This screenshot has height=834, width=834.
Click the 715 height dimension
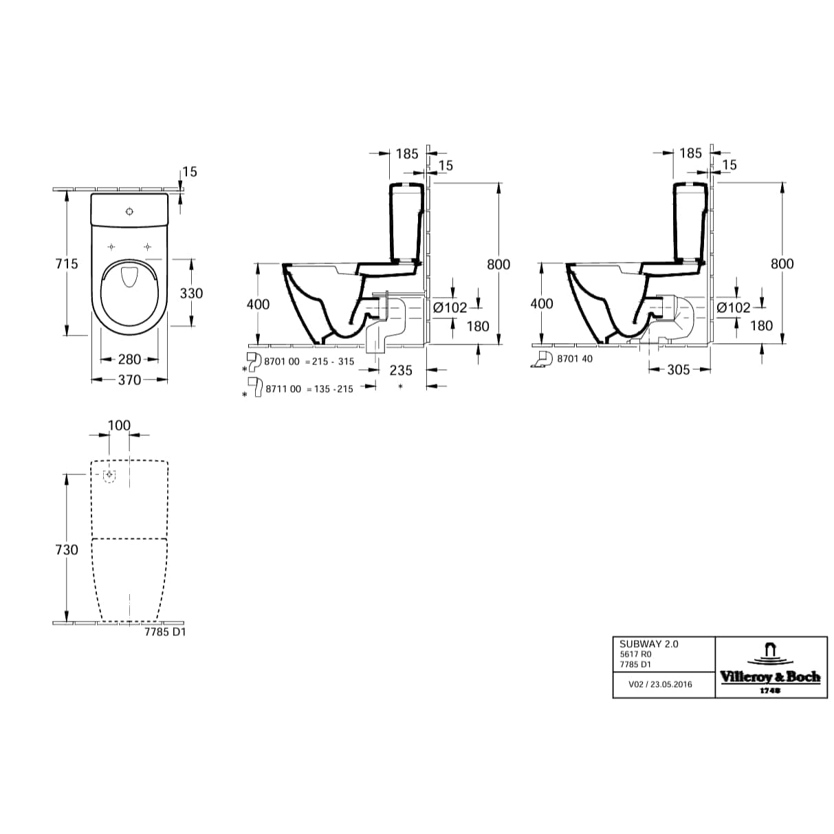[x=67, y=263]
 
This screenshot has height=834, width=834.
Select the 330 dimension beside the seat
[x=191, y=293]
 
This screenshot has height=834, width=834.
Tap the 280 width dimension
[x=129, y=359]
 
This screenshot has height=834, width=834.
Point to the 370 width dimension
[x=129, y=380]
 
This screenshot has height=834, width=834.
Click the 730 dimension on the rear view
[x=67, y=549]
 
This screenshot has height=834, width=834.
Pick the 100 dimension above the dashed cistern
[x=119, y=426]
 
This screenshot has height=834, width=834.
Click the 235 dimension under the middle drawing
[x=401, y=370]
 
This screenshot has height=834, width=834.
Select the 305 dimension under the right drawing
[x=678, y=370]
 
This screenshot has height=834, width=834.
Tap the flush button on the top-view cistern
[x=129, y=211]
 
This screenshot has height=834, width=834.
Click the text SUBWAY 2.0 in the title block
[x=649, y=644]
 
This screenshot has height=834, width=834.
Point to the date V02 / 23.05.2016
[x=660, y=684]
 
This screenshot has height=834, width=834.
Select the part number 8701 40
[x=574, y=359]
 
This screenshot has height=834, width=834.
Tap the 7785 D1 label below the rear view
[x=165, y=633]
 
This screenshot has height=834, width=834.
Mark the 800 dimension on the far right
[x=782, y=263]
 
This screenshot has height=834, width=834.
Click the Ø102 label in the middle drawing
[x=450, y=307]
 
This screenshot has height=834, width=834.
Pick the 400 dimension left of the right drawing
[x=542, y=303]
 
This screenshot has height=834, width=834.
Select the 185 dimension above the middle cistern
[x=407, y=153]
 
